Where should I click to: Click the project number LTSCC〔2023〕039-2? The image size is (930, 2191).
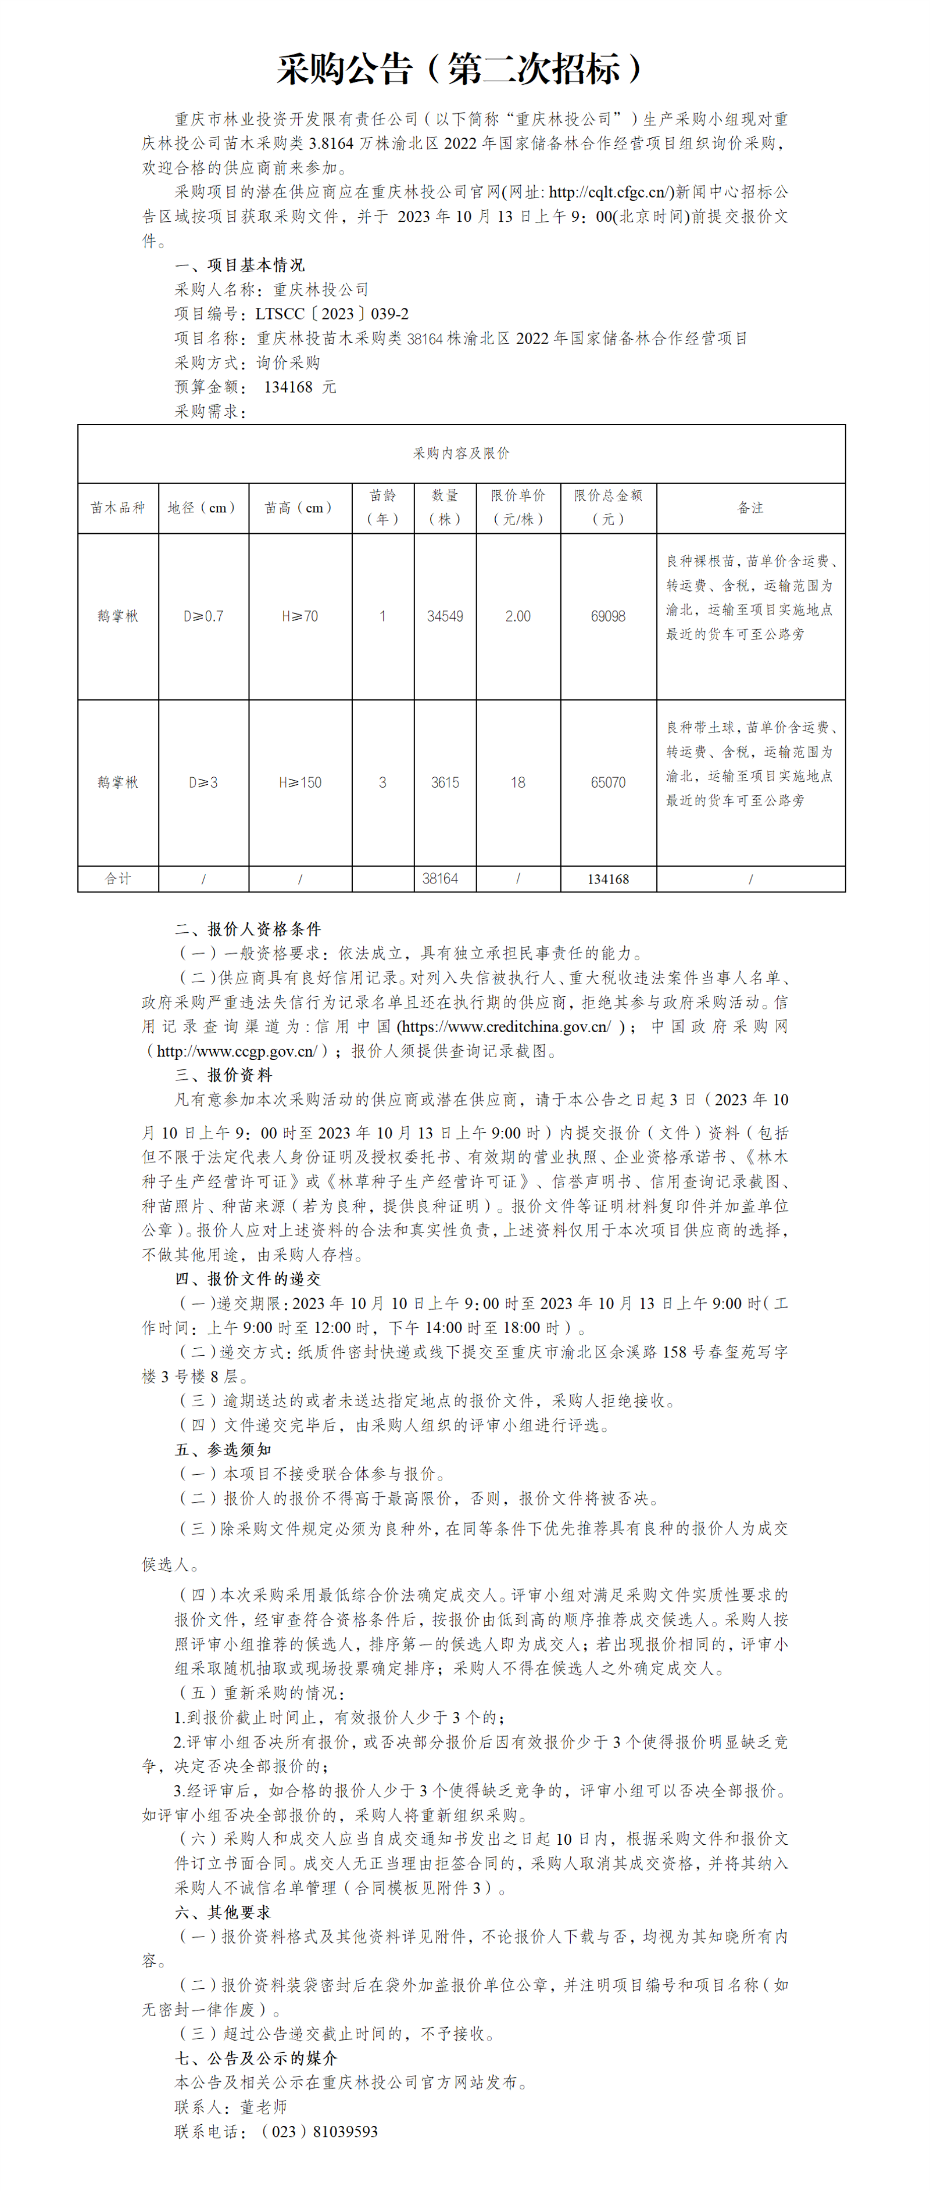(x=332, y=314)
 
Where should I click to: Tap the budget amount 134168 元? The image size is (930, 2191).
(x=299, y=387)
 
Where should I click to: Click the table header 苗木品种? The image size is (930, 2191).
(x=118, y=508)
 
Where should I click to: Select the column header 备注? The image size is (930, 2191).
(x=750, y=508)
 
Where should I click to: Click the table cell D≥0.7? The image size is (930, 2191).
(x=203, y=616)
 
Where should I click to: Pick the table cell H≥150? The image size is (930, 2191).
(x=299, y=782)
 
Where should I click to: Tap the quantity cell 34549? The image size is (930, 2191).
(x=444, y=616)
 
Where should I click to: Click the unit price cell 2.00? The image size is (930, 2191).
(x=517, y=616)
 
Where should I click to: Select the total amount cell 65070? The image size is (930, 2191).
(x=607, y=782)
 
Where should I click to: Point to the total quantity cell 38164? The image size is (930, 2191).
(x=440, y=879)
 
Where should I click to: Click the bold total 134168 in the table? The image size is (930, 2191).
(x=607, y=879)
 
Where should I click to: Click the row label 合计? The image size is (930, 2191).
(x=118, y=879)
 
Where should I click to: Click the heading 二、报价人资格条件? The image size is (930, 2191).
(x=248, y=929)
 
